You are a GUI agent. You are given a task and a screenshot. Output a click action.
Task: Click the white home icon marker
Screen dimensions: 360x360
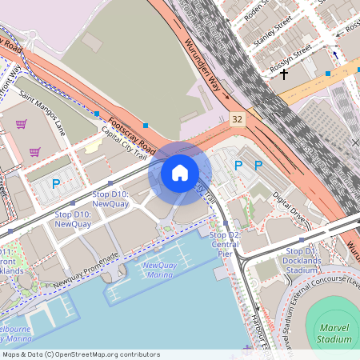pos(180,172)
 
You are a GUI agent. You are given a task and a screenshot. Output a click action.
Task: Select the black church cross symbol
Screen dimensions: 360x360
pos(284,74)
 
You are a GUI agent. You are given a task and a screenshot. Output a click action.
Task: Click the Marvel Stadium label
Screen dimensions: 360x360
pos(334,334)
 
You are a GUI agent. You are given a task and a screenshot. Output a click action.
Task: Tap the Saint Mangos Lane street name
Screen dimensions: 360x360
pos(42,113)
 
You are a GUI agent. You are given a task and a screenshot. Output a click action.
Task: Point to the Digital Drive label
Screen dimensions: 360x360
pos(289,206)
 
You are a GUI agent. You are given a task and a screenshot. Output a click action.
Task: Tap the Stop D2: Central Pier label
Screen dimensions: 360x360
pos(224,244)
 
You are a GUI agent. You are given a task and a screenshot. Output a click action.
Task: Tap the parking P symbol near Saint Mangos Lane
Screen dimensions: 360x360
pos(56,184)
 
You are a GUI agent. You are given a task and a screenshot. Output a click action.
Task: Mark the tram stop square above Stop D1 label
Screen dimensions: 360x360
pos(302,239)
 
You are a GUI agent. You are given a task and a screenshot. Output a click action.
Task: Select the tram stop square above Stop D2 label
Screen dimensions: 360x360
pos(226,224)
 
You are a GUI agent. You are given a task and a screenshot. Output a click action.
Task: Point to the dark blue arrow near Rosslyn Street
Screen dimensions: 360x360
pos(335,55)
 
